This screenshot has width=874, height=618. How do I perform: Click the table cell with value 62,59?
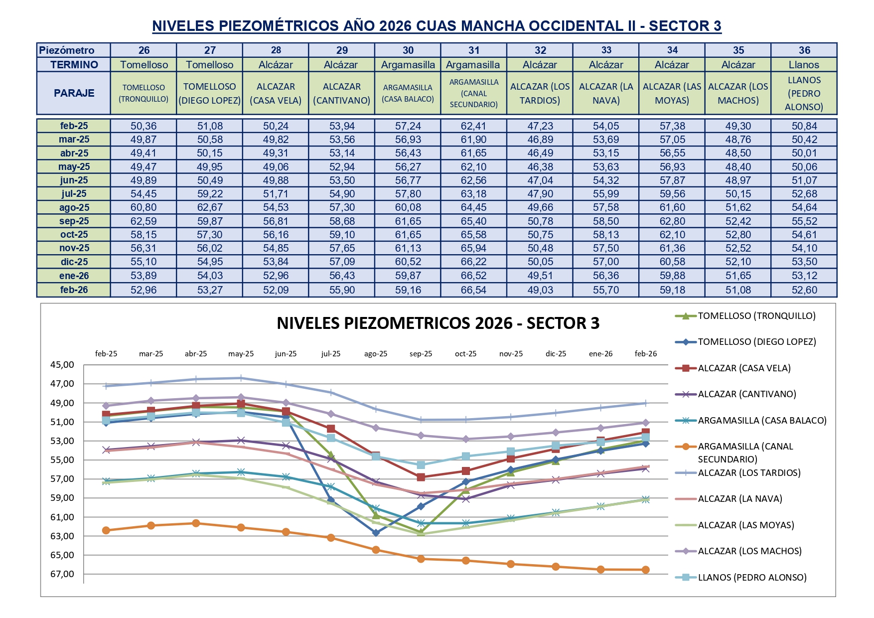tap(144, 221)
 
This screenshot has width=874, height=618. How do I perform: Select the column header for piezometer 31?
tap(474, 50)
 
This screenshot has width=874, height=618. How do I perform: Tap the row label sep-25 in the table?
tap(74, 221)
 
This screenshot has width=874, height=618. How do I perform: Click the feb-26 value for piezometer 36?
tap(804, 290)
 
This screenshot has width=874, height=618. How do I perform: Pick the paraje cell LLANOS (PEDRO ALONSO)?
tap(804, 93)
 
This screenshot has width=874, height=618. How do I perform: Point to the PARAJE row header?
tap(74, 93)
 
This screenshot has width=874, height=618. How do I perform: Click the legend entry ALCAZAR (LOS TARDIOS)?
tap(749, 473)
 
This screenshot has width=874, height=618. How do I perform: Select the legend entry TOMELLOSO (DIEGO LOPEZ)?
tap(756, 342)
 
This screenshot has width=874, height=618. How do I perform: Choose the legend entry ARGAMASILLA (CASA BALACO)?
tap(762, 421)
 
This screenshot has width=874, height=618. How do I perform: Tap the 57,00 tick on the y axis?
tap(62, 479)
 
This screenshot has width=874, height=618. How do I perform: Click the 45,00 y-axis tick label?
tap(62, 365)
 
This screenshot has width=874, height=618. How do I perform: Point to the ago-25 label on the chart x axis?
tap(376, 354)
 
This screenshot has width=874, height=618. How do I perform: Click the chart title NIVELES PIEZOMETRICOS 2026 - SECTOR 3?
tap(438, 323)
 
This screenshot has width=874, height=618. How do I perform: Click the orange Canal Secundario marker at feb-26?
tap(646, 570)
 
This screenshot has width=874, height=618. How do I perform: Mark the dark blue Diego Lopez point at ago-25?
tap(376, 533)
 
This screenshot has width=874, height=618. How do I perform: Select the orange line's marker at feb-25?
tap(106, 530)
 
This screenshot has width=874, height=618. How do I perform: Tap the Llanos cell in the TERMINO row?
tap(804, 65)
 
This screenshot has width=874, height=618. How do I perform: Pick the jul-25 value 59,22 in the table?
tap(210, 194)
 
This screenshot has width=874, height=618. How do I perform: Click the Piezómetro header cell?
tap(67, 50)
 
